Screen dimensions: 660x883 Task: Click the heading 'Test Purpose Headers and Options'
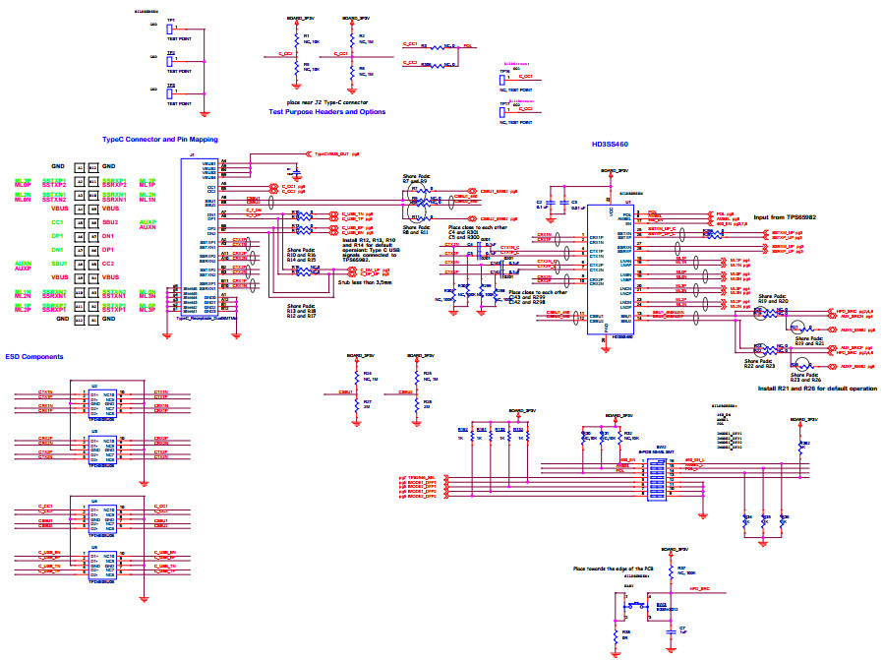click(x=326, y=112)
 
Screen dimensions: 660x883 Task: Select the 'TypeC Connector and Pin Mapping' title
click(x=159, y=140)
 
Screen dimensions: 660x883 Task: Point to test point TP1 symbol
click(x=171, y=30)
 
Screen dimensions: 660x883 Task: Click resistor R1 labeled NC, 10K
click(x=296, y=40)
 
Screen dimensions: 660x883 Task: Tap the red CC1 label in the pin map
click(x=57, y=222)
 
